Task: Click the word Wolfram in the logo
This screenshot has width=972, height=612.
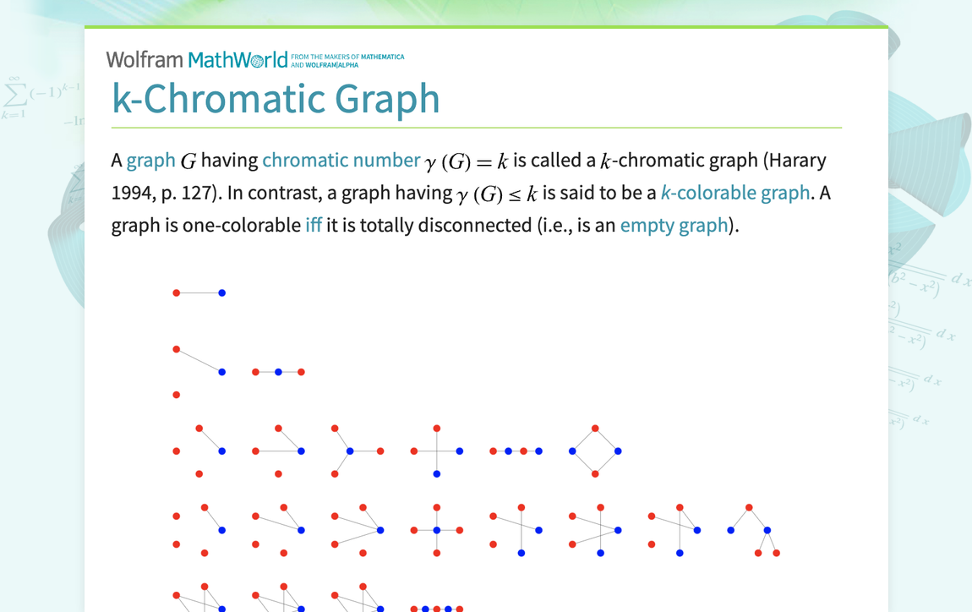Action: (x=145, y=59)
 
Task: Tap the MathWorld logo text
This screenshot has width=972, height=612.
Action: (x=238, y=59)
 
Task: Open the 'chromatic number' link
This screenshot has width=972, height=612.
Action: (x=341, y=160)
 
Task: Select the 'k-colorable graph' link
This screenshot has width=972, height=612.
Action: (x=735, y=193)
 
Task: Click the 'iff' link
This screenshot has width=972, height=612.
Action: (x=314, y=225)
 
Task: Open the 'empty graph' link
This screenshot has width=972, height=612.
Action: (x=674, y=225)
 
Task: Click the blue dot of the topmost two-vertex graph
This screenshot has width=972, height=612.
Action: (x=222, y=292)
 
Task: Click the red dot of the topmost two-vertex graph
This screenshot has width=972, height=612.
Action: (x=176, y=292)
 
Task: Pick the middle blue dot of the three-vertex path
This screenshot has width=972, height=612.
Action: (x=278, y=372)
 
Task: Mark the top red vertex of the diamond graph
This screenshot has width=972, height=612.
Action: (x=595, y=429)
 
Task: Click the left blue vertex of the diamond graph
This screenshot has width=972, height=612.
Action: (x=572, y=451)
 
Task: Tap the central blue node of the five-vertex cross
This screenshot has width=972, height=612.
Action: (x=437, y=530)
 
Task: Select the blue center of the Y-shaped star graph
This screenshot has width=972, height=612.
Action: (x=350, y=451)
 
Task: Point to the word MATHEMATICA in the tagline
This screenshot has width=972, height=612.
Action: (x=383, y=57)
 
